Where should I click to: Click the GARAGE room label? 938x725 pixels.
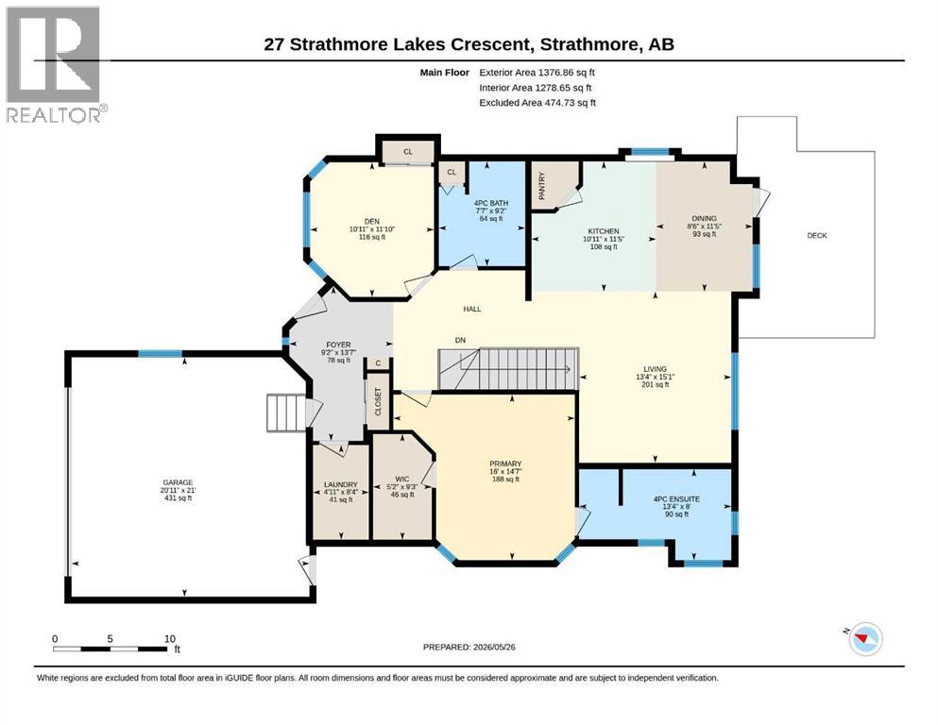[x=179, y=482]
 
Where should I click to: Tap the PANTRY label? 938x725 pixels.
[x=542, y=186]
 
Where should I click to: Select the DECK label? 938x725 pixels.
[x=816, y=235]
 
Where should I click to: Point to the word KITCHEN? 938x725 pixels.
[x=604, y=231]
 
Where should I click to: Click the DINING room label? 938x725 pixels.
[x=704, y=219]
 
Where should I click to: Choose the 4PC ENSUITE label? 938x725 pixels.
[x=676, y=499]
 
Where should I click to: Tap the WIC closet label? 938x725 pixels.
[x=402, y=479]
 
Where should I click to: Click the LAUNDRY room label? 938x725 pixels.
[x=340, y=484]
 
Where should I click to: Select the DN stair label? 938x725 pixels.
[x=460, y=340]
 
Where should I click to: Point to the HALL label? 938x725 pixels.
[x=472, y=309]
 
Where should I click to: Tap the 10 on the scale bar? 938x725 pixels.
[x=170, y=638]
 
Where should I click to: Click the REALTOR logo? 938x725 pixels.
[x=56, y=64]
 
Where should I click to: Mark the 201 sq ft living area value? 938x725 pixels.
[x=655, y=384]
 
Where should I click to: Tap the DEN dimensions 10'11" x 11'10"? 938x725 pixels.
[x=372, y=228]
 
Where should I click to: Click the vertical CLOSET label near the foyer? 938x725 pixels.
[x=378, y=401]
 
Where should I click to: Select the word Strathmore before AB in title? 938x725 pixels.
[x=588, y=44]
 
